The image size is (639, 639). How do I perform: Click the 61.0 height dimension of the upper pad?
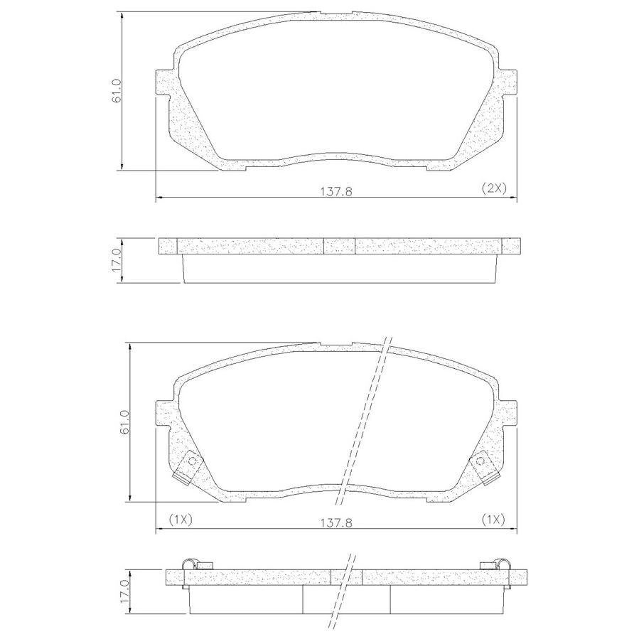point(117,90)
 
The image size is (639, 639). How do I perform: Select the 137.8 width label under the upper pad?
point(337,190)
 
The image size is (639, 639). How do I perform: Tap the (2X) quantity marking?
point(493,188)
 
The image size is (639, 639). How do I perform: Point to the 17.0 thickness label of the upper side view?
point(117,260)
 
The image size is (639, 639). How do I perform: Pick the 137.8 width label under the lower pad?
point(337,522)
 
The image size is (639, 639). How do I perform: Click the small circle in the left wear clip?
point(194,461)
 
